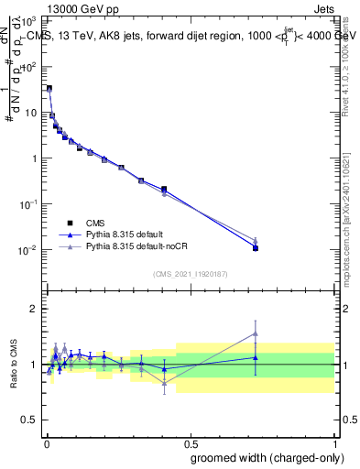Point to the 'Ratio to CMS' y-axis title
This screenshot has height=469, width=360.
[12, 365]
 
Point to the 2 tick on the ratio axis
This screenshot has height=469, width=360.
[37, 309]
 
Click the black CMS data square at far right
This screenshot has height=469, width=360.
[256, 248]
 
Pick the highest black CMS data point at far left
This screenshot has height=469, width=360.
[49, 88]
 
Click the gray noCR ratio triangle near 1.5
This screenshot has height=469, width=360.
[256, 334]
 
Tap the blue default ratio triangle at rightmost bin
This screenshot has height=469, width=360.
[256, 357]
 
